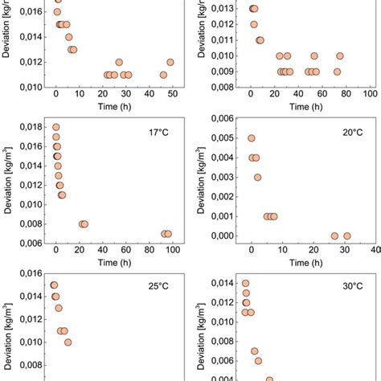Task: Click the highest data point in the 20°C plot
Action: (252, 138)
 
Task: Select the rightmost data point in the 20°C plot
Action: (347, 236)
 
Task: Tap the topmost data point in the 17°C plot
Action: (55, 127)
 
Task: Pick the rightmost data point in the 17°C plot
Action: (168, 234)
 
